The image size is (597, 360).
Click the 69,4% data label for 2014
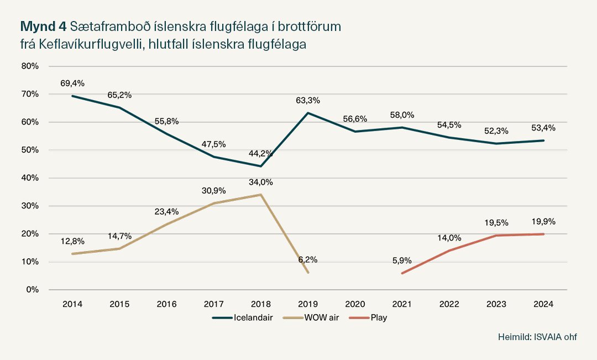click(72, 84)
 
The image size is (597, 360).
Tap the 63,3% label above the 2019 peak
click(308, 100)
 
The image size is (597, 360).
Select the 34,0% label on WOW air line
click(261, 182)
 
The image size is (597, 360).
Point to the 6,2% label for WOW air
click(308, 259)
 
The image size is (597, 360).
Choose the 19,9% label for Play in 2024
click(543, 221)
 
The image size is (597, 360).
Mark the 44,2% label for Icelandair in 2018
click(261, 153)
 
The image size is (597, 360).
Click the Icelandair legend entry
click(243, 318)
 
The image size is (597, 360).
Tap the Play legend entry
click(370, 318)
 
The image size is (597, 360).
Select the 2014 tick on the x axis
click(72, 304)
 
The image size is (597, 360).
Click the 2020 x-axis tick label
click(355, 304)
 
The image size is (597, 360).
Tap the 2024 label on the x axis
click(543, 304)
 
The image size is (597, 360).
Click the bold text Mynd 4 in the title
click(43, 26)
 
